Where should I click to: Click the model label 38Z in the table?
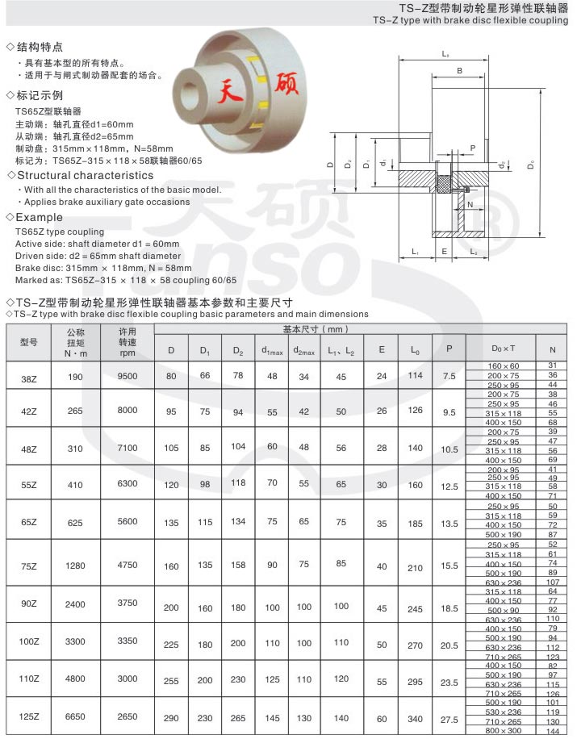click(28, 377)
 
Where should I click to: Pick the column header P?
click(449, 349)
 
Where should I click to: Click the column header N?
click(552, 350)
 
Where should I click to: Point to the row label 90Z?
click(28, 604)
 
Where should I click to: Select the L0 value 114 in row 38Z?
click(415, 377)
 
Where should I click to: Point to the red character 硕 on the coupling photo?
click(287, 87)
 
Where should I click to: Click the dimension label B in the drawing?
click(459, 71)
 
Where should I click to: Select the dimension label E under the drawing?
click(444, 252)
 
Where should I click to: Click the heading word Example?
click(40, 218)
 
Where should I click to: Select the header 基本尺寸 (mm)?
click(315, 330)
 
